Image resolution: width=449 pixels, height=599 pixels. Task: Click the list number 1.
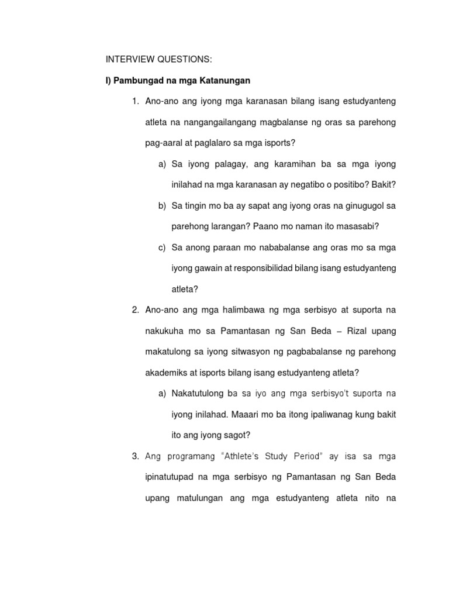[134, 102]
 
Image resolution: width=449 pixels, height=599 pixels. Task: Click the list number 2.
[134, 309]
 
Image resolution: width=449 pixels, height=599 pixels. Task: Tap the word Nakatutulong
[199, 393]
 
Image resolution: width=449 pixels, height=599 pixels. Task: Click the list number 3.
[134, 456]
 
